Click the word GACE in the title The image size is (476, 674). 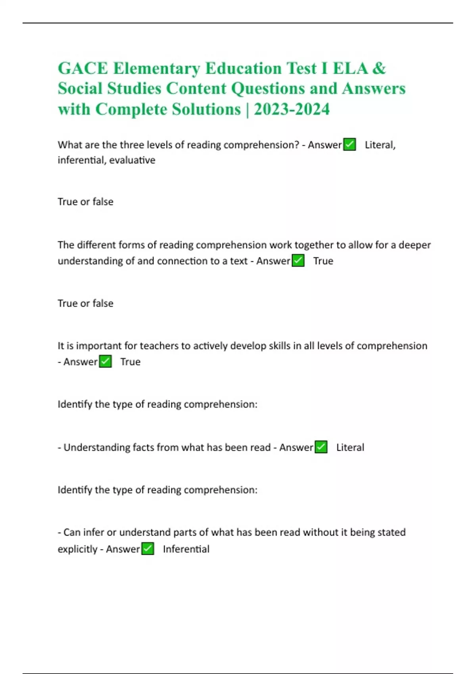coord(83,68)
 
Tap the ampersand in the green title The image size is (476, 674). coord(379,68)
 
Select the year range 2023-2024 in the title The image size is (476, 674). coord(292,109)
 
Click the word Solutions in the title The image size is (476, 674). coord(206,109)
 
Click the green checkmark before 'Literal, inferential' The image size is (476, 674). coord(349,144)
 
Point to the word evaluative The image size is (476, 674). coord(132,160)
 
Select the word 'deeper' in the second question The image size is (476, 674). coord(415,245)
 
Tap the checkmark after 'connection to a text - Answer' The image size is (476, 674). coord(298,261)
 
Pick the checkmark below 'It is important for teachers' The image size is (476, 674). coord(105,362)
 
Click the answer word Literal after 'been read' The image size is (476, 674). coord(350,447)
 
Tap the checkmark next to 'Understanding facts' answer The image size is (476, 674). coord(321,447)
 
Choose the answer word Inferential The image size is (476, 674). coord(186,549)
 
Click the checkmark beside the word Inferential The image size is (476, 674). coord(148,549)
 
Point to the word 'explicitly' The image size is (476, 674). coord(77,549)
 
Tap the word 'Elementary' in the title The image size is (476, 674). coord(156,68)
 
